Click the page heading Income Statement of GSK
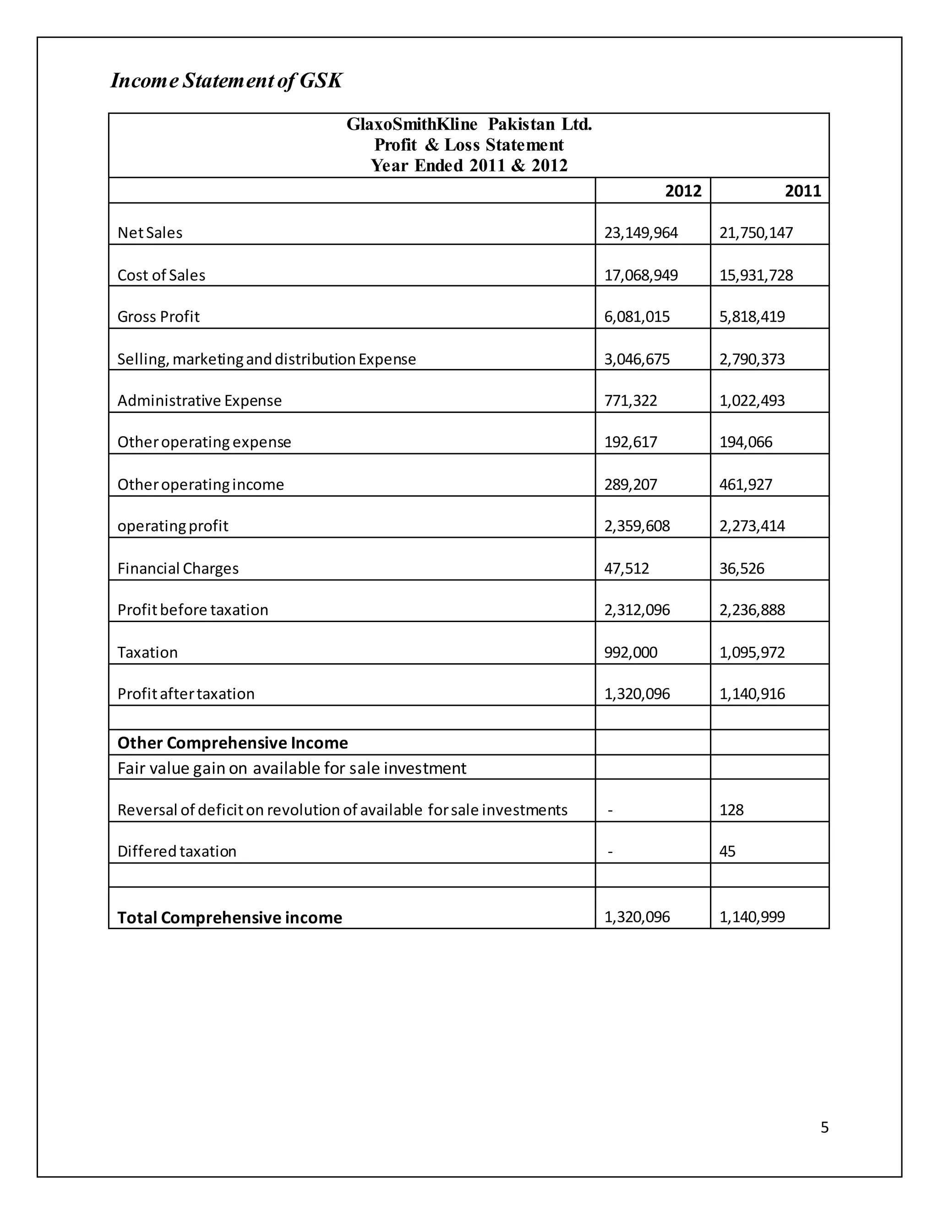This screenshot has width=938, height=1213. [x=226, y=81]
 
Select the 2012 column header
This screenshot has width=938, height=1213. [x=683, y=191]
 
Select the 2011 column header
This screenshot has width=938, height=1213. [x=802, y=191]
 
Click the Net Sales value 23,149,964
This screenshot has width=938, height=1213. [x=641, y=233]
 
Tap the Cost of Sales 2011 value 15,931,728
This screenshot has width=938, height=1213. [x=756, y=276]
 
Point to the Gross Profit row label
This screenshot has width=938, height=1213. [x=158, y=317]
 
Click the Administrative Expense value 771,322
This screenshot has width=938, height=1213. [x=630, y=401]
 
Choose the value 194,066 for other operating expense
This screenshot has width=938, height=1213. [x=746, y=442]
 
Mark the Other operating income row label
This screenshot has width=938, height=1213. [x=201, y=484]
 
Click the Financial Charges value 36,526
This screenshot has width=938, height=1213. [x=742, y=568]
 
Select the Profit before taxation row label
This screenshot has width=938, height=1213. [x=193, y=610]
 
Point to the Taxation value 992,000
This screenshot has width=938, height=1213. [x=630, y=652]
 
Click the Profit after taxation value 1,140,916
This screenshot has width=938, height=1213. [x=752, y=693]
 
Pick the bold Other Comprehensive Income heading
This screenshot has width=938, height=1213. [x=232, y=742]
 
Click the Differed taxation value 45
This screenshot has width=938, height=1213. [x=727, y=851]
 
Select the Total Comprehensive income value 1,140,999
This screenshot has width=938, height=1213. [x=752, y=917]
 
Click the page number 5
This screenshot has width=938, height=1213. [x=824, y=1127]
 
